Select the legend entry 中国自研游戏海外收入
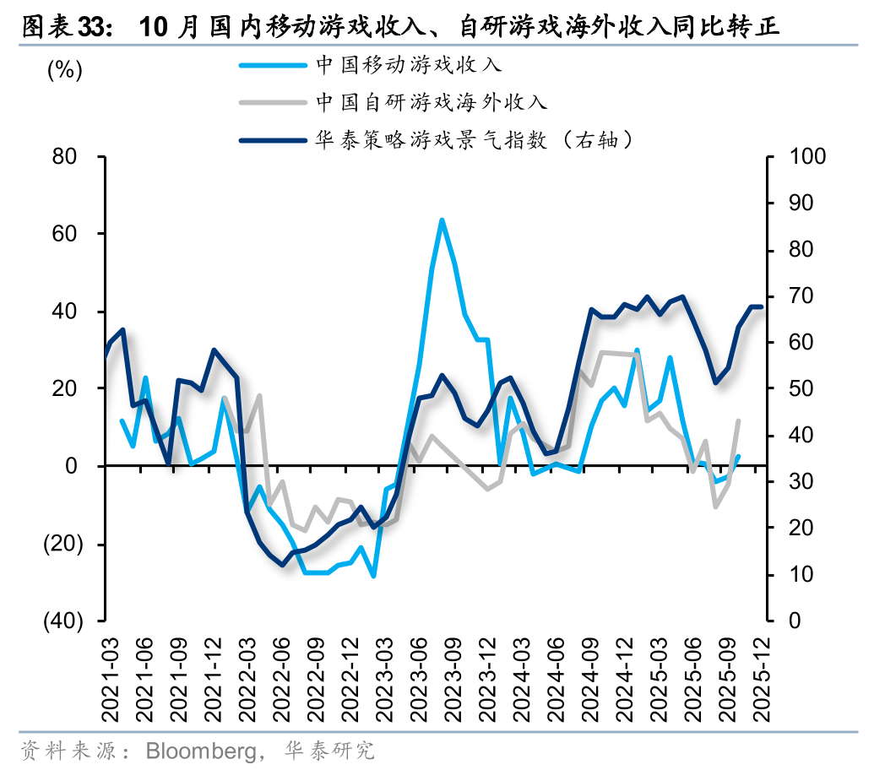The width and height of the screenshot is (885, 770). [x=432, y=102]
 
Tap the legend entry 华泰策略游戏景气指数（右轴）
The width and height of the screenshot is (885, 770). [x=474, y=140]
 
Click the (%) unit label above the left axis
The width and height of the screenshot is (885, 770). [x=64, y=71]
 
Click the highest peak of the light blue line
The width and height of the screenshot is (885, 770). [x=442, y=220]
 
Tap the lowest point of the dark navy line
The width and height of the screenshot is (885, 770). [x=284, y=565]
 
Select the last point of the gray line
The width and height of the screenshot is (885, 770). [x=739, y=420]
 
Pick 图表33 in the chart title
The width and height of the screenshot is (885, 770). [x=66, y=27]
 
